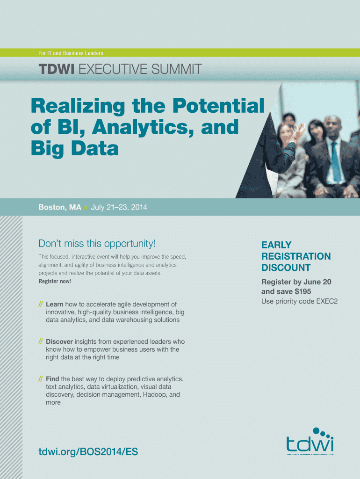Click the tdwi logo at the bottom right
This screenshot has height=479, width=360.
click(310, 441)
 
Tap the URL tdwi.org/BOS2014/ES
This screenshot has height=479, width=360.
click(88, 451)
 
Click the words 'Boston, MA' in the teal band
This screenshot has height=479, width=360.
click(60, 207)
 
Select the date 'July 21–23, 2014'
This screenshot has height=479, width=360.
click(119, 207)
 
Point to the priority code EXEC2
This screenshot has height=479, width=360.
click(327, 301)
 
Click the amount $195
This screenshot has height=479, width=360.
click(303, 291)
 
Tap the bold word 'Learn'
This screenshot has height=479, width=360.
click(55, 304)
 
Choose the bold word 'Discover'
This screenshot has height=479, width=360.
click(59, 341)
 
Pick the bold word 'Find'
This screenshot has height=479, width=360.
click(52, 379)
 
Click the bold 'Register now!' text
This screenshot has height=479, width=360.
click(55, 281)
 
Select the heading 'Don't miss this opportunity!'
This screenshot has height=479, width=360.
click(97, 243)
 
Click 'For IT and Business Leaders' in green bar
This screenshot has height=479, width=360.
click(71, 53)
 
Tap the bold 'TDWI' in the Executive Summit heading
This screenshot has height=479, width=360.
click(57, 69)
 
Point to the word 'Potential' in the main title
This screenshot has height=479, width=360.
click(218, 106)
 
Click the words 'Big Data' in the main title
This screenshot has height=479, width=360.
click(75, 148)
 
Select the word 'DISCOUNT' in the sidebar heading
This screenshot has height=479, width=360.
click(286, 268)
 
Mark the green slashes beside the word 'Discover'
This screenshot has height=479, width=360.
click(41, 341)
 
